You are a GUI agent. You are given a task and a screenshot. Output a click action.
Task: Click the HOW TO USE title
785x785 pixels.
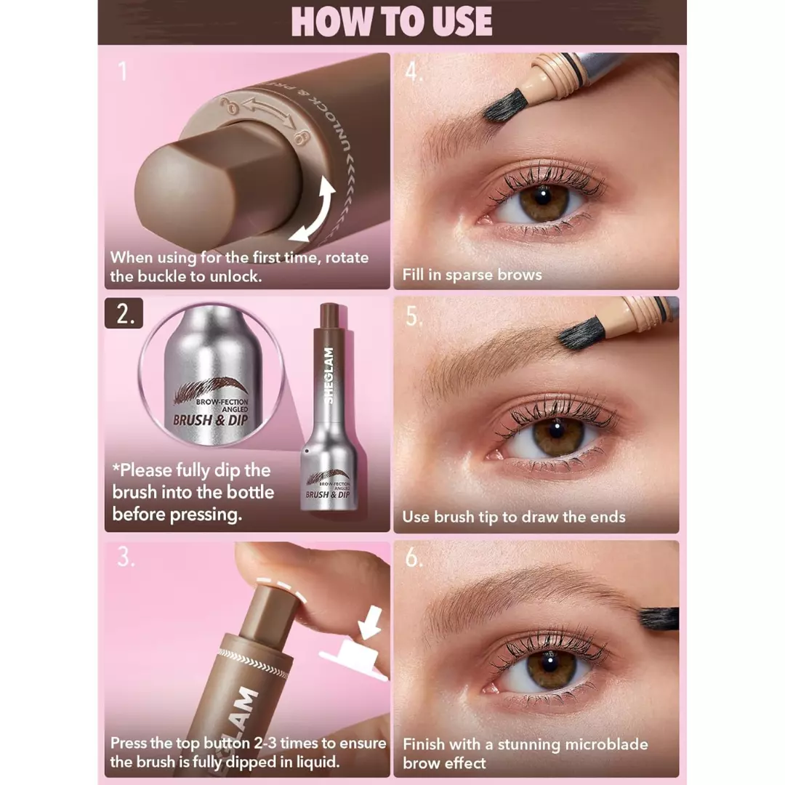[x=392, y=22]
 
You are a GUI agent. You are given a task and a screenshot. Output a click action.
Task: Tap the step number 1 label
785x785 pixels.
[x=123, y=73]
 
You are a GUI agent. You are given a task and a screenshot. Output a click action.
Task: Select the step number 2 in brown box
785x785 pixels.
[x=124, y=313]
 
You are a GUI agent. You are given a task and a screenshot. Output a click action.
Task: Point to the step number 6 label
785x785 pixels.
[x=414, y=558]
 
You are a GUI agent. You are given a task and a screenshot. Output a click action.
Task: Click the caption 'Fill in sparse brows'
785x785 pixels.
[x=472, y=275]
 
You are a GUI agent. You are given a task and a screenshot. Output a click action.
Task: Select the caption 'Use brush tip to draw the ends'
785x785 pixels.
[x=514, y=518]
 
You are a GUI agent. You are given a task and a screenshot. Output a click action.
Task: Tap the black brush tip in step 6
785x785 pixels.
[x=659, y=619]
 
